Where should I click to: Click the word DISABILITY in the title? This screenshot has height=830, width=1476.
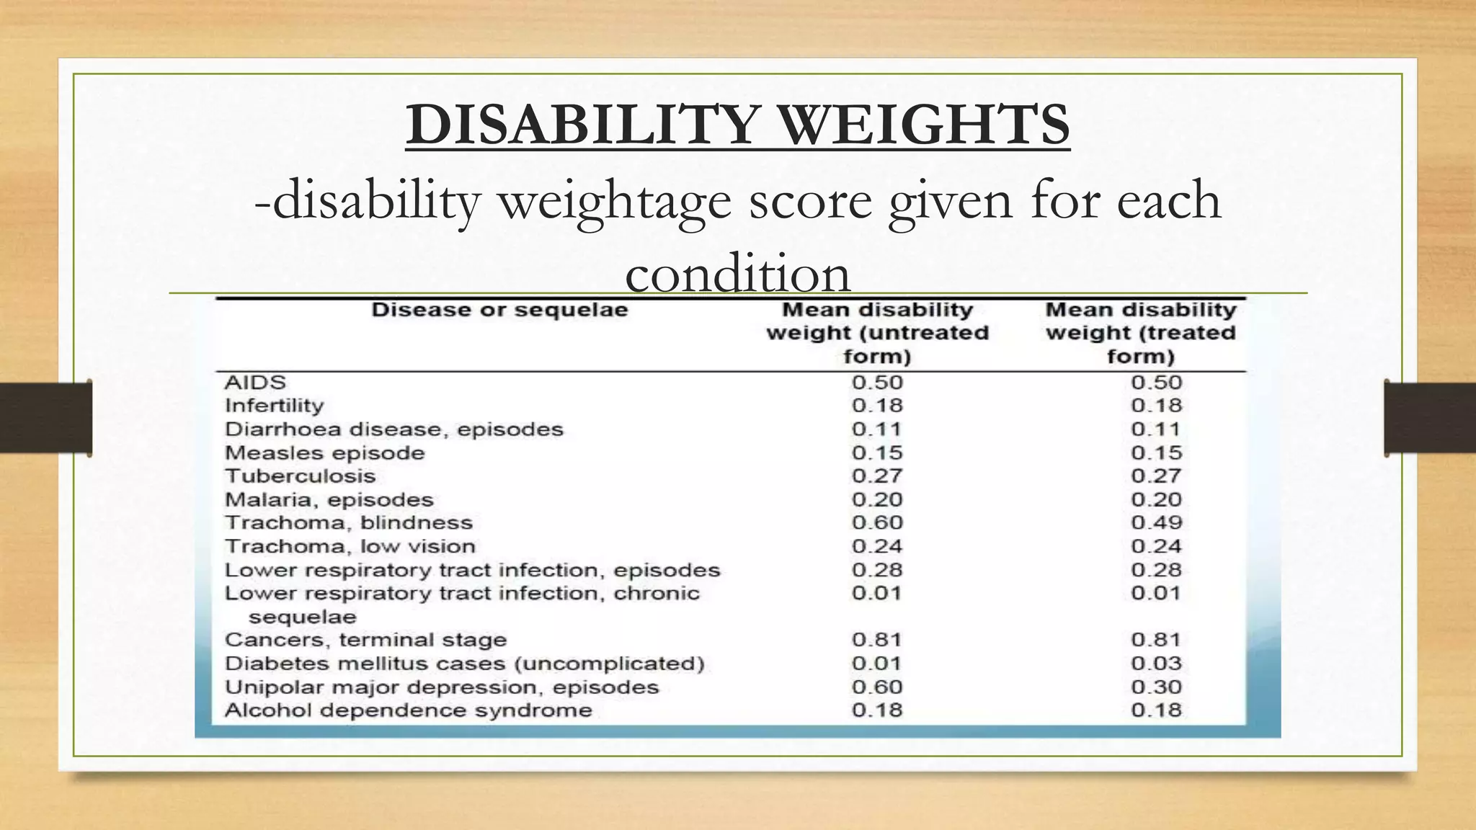click(x=582, y=125)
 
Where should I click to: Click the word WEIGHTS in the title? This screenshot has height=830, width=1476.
click(x=925, y=125)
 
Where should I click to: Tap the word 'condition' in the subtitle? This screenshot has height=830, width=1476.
click(x=737, y=274)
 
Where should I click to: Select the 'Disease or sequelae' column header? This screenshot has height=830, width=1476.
click(x=499, y=311)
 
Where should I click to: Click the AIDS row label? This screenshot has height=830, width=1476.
click(x=255, y=383)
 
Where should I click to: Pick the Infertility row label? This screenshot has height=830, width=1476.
click(x=275, y=406)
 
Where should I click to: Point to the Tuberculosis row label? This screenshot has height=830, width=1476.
click(x=300, y=476)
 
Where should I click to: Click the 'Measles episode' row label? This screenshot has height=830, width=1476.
click(x=324, y=453)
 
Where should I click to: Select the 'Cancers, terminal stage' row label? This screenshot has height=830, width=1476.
click(x=365, y=640)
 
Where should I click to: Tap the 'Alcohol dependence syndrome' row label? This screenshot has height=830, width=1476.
click(x=408, y=710)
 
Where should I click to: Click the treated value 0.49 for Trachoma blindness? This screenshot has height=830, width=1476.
click(x=1156, y=523)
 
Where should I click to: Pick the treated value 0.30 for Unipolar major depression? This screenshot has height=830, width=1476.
click(x=1156, y=687)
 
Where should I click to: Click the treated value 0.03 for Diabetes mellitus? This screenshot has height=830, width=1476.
click(x=1156, y=664)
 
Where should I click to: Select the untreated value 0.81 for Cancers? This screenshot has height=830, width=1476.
click(x=876, y=640)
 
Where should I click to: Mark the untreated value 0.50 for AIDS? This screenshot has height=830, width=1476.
click(x=876, y=383)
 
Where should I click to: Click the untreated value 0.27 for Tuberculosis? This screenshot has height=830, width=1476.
click(x=876, y=476)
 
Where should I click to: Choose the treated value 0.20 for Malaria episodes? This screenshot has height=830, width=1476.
click(x=1156, y=500)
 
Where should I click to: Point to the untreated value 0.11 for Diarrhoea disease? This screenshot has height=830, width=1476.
click(x=876, y=429)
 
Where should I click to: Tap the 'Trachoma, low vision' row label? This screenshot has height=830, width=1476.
click(x=350, y=547)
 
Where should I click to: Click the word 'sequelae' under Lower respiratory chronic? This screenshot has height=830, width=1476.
click(x=302, y=617)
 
